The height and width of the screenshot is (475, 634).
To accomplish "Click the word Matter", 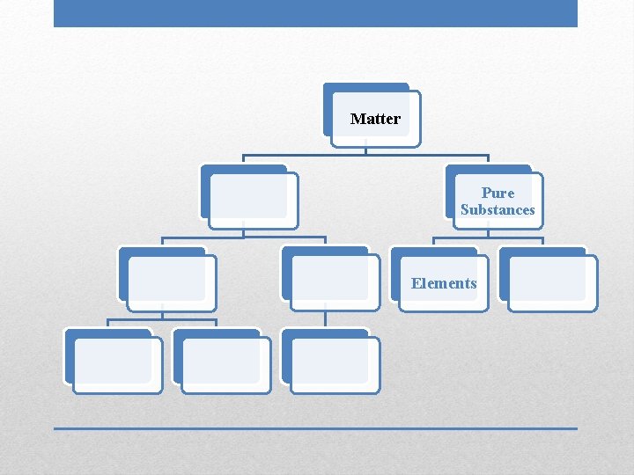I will point(375,119).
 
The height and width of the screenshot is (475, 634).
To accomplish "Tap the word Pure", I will point(498,193).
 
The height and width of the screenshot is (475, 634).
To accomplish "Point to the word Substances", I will point(498,210).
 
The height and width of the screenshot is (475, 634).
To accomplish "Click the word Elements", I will point(444,283).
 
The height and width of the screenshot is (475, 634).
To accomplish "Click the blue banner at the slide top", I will point(315,13).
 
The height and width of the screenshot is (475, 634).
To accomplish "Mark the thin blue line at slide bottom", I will point(315,428).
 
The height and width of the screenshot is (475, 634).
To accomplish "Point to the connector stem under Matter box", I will point(366,150).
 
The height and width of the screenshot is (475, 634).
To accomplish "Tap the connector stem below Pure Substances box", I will point(488,233).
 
